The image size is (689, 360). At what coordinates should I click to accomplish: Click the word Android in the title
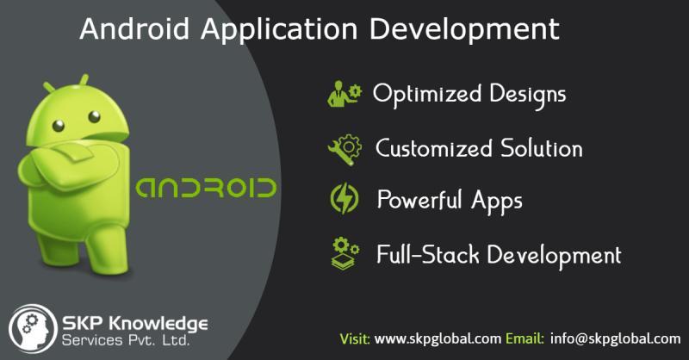pyautogui.click(x=134, y=29)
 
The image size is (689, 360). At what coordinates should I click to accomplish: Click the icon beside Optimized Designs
pyautogui.click(x=344, y=94)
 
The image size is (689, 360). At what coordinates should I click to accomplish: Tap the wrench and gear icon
pyautogui.click(x=345, y=150)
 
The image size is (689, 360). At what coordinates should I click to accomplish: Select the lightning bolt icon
pyautogui.click(x=344, y=199)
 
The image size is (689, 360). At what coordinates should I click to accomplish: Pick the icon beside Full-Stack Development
pyautogui.click(x=345, y=253)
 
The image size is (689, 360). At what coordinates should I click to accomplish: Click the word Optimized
pyautogui.click(x=427, y=95)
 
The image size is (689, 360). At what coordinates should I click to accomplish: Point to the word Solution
pyautogui.click(x=542, y=148)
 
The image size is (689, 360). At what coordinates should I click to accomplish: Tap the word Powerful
pyautogui.click(x=419, y=200)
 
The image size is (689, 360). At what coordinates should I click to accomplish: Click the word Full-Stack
pyautogui.click(x=428, y=255)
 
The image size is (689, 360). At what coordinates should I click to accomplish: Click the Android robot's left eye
pyautogui.click(x=58, y=126)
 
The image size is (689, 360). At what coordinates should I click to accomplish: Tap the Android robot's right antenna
pyautogui.click(x=83, y=80)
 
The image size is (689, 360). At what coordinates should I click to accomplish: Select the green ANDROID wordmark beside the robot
pyautogui.click(x=206, y=188)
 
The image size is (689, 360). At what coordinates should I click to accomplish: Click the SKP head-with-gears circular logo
pyautogui.click(x=33, y=329)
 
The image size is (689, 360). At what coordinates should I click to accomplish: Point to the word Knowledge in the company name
pyautogui.click(x=158, y=324)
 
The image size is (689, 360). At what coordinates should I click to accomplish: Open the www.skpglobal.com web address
pyautogui.click(x=438, y=339)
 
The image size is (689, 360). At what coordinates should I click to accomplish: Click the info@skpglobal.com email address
pyautogui.click(x=615, y=339)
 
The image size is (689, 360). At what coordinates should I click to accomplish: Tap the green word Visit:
pyautogui.click(x=355, y=339)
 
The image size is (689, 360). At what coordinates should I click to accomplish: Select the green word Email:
pyautogui.click(x=525, y=339)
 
